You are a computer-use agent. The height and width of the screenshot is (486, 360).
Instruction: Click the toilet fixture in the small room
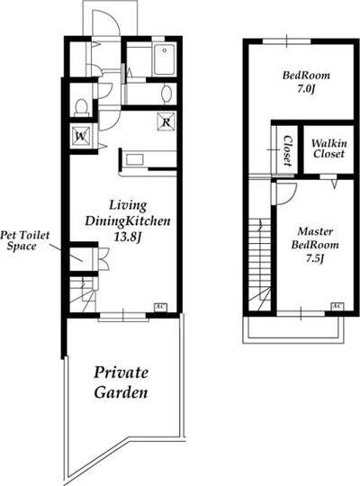pos(82,107)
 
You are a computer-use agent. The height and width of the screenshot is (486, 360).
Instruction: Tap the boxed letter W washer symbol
pos(81,136)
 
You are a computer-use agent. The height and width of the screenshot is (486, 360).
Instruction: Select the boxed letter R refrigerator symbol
pos(166,121)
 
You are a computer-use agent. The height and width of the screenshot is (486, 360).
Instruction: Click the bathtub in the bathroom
pos(165,58)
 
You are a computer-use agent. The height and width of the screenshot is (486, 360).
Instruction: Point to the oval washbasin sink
pos(166,94)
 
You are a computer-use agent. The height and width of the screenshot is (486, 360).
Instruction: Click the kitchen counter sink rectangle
pos(135,159)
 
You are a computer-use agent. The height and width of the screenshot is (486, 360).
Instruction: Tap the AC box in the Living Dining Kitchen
pos(160,307)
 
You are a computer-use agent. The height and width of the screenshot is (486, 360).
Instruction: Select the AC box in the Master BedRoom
pos(337,306)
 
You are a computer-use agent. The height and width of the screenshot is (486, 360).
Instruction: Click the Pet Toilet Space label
pos(24,240)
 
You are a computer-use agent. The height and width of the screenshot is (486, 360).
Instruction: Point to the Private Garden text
pos(121,382)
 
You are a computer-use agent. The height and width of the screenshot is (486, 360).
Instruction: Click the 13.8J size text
pos(128,237)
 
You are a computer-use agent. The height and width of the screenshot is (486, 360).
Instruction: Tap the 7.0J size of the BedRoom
pos(306,89)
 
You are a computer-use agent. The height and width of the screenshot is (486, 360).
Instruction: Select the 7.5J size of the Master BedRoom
pos(315,258)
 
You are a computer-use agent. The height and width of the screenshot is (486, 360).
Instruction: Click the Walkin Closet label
pos(328,148)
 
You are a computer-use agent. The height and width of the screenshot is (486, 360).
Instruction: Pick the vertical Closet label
pos(288,150)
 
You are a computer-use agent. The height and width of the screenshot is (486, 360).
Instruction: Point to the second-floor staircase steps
pos(260,264)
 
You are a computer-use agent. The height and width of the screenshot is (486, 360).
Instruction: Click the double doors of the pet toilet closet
pos(103,259)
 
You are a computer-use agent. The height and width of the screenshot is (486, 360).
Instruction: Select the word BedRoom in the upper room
pos(306,76)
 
